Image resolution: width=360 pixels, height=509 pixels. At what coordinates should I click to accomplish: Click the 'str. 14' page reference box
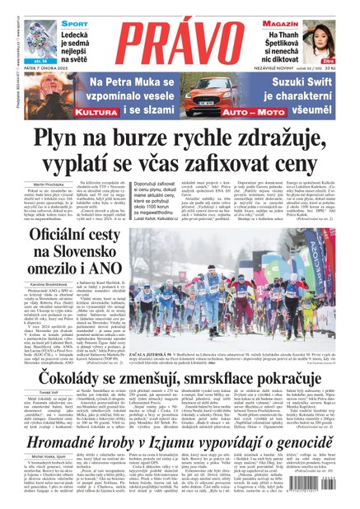[x=40, y=59]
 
